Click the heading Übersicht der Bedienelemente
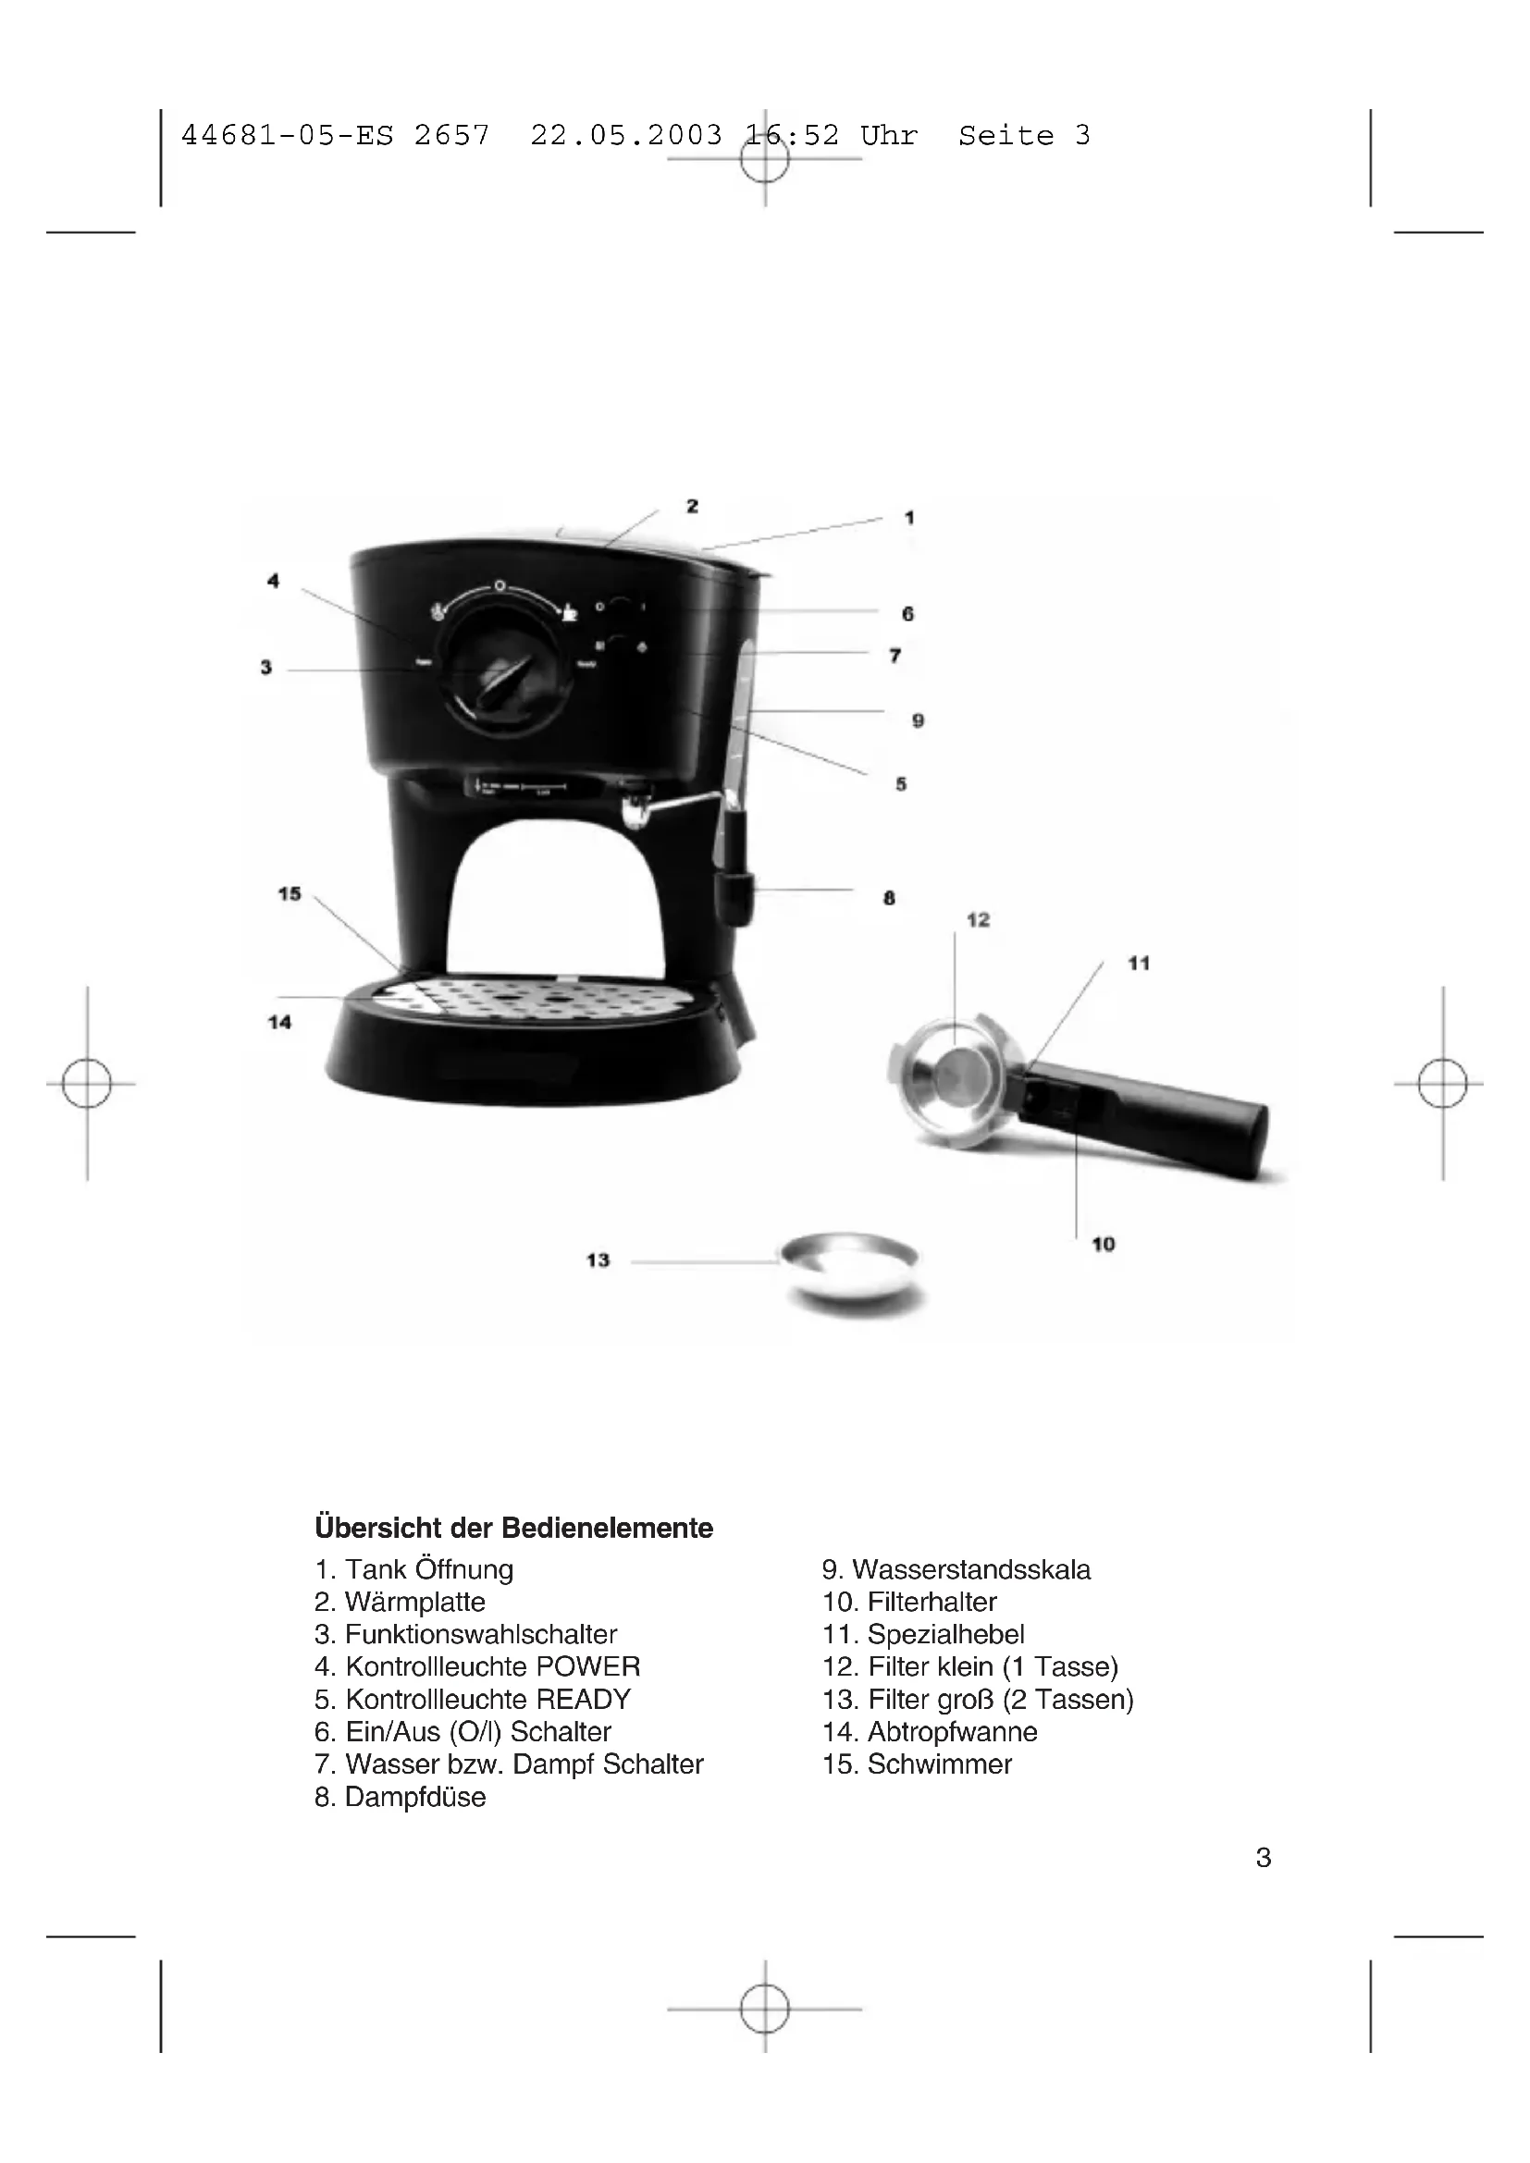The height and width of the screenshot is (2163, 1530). click(513, 1527)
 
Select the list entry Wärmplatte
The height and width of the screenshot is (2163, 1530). click(414, 1602)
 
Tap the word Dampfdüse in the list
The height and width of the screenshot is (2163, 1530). click(415, 1797)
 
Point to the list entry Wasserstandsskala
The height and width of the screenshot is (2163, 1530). click(971, 1569)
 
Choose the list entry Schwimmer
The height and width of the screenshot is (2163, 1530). click(939, 1764)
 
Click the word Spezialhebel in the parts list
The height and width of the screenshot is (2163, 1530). click(946, 1634)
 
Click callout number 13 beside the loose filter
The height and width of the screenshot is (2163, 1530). click(598, 1260)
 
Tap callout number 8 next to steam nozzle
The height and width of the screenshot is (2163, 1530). click(889, 898)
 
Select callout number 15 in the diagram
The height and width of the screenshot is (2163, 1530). click(290, 893)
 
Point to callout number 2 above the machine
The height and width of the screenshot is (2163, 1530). click(693, 506)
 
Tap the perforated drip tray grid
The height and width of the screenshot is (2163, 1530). click(537, 999)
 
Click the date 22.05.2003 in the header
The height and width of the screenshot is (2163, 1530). click(625, 136)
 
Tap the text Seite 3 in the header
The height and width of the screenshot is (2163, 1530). click(1024, 136)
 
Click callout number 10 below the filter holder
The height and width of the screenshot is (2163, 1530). click(1104, 1245)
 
